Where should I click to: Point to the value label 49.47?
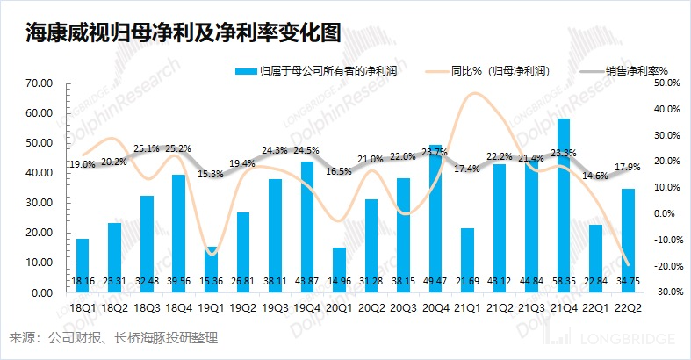[x=435, y=281]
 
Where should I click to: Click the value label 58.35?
[x=564, y=281]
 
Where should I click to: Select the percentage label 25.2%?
[x=178, y=148]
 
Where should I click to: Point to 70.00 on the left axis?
[x=41, y=83]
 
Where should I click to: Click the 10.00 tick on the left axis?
[x=41, y=263]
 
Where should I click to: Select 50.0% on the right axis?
[x=668, y=83]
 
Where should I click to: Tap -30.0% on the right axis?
[x=667, y=292]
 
